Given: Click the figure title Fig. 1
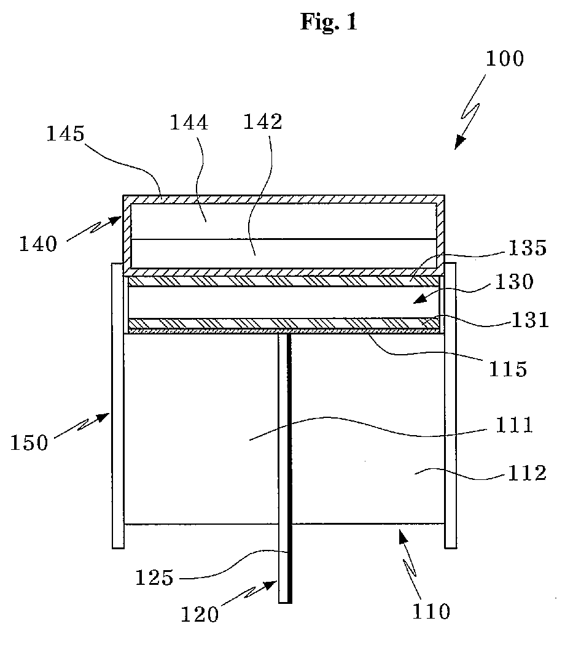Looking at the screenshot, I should click(x=329, y=22).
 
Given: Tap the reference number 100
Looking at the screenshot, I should click(x=504, y=59).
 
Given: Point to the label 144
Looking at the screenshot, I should click(x=189, y=123).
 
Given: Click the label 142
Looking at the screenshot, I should click(x=262, y=122).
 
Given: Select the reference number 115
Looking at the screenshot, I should click(x=507, y=369).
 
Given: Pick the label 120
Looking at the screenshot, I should click(x=200, y=614).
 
